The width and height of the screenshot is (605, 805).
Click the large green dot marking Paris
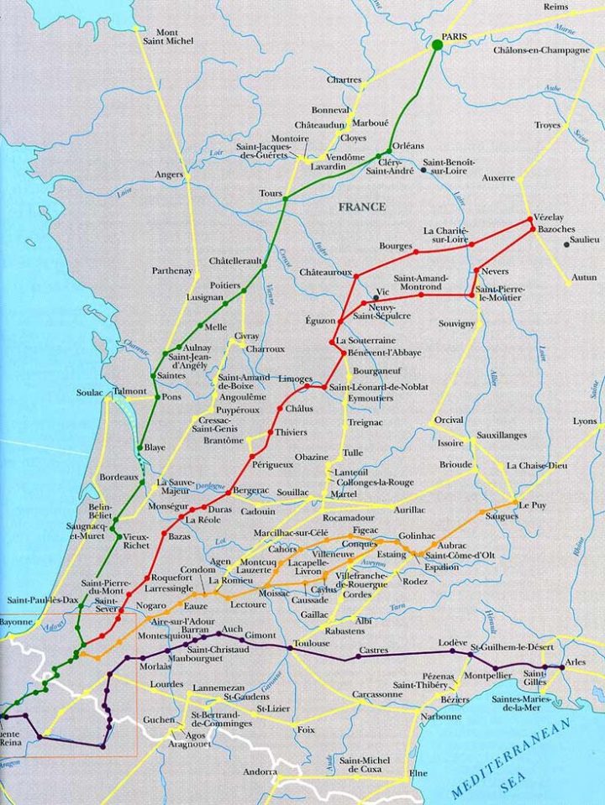[437, 44]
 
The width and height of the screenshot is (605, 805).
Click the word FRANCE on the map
[362, 206]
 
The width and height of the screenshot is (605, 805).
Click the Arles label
[576, 662]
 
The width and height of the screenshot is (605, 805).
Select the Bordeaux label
[118, 477]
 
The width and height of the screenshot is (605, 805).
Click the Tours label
[271, 194]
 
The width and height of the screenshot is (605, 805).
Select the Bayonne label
[16, 623]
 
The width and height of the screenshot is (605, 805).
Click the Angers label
[168, 175]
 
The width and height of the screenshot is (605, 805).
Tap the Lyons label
[585, 421]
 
